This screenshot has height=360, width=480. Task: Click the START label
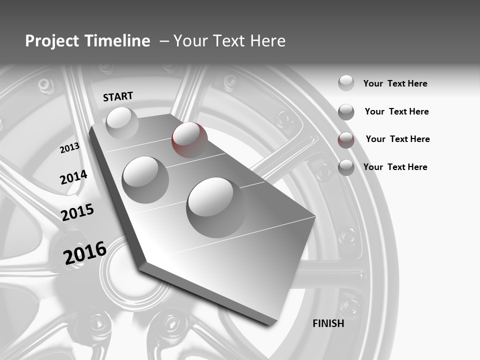118,96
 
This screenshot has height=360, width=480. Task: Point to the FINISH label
328,323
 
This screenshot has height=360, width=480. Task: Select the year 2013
70,147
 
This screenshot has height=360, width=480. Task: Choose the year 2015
77,212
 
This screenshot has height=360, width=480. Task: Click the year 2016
85,252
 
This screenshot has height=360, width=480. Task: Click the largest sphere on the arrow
210,201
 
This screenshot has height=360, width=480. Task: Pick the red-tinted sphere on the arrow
189,139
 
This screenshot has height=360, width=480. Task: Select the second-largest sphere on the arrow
145,179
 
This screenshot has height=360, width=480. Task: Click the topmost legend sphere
346,83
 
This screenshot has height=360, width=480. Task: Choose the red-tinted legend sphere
346,140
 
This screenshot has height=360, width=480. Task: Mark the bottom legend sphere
346,167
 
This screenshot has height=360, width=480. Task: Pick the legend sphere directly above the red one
346,112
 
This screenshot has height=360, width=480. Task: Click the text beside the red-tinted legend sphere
397,139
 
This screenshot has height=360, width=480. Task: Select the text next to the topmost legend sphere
395,83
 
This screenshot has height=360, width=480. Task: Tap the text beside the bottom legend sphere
395,167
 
